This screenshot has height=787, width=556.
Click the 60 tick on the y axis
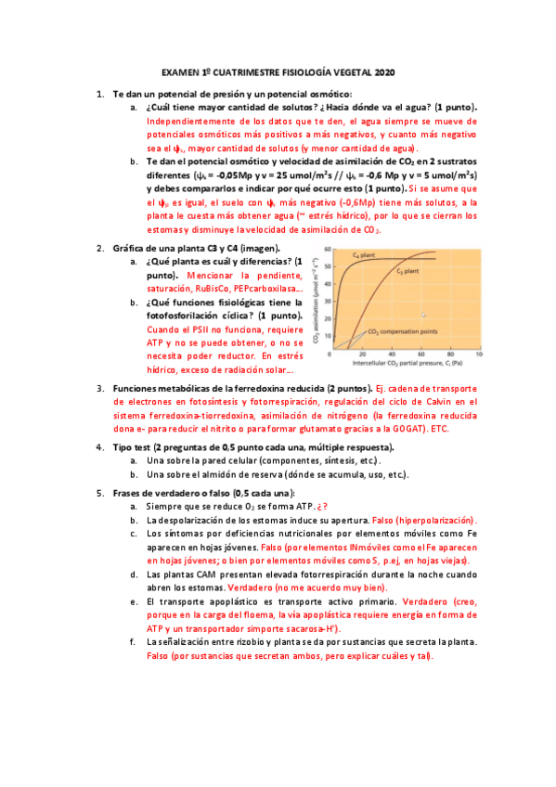(x=328, y=248)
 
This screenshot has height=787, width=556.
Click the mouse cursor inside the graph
(x=423, y=316)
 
